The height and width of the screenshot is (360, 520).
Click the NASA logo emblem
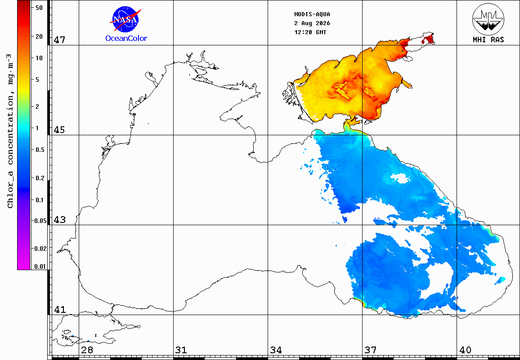[x=126, y=19]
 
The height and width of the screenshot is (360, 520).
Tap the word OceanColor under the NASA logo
[x=126, y=39]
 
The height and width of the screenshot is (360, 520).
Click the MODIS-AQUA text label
[x=312, y=14]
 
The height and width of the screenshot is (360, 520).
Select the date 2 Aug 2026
[x=312, y=23]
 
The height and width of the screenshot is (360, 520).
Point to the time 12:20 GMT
[x=310, y=32]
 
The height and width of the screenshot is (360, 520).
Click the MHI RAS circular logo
[x=488, y=19]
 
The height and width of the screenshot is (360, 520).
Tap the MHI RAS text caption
[x=488, y=40]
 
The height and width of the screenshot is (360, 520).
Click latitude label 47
[x=59, y=40]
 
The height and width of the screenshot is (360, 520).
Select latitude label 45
[x=59, y=130]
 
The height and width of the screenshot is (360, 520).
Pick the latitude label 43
[x=59, y=220]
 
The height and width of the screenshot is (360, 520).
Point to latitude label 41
[x=59, y=310]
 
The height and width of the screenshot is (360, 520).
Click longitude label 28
[x=87, y=350]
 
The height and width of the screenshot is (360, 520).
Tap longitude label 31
[x=181, y=350]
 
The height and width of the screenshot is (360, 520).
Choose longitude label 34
[x=276, y=350]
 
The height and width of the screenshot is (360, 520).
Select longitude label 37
[x=371, y=350]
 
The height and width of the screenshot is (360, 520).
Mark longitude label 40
[x=465, y=350]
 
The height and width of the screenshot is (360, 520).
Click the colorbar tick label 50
[x=39, y=8]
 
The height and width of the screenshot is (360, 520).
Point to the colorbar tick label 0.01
[x=40, y=267]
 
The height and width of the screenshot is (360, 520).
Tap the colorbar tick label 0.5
[x=40, y=150]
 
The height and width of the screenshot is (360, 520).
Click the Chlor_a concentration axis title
[x=11, y=131]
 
